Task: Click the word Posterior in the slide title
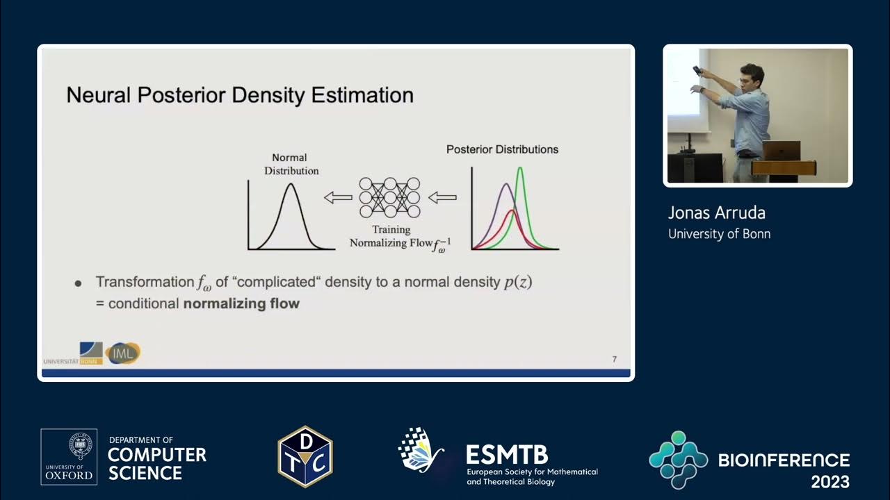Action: (x=181, y=95)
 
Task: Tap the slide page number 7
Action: (x=614, y=359)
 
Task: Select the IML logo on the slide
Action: (x=123, y=353)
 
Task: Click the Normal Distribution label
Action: (x=291, y=164)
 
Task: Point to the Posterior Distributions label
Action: (x=502, y=149)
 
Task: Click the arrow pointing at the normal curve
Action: (x=338, y=197)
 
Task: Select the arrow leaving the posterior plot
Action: (x=442, y=197)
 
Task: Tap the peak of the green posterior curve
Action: (x=520, y=168)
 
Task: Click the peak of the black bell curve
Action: (x=291, y=184)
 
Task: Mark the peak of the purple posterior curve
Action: (x=506, y=184)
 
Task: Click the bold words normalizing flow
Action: (x=241, y=303)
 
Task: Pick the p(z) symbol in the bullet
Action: (x=518, y=282)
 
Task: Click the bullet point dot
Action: (x=79, y=283)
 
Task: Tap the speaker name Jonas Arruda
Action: (x=716, y=212)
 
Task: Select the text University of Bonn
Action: (x=719, y=234)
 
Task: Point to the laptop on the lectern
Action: (x=781, y=151)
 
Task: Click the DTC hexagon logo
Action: (x=305, y=456)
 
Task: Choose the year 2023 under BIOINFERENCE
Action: (x=830, y=482)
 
